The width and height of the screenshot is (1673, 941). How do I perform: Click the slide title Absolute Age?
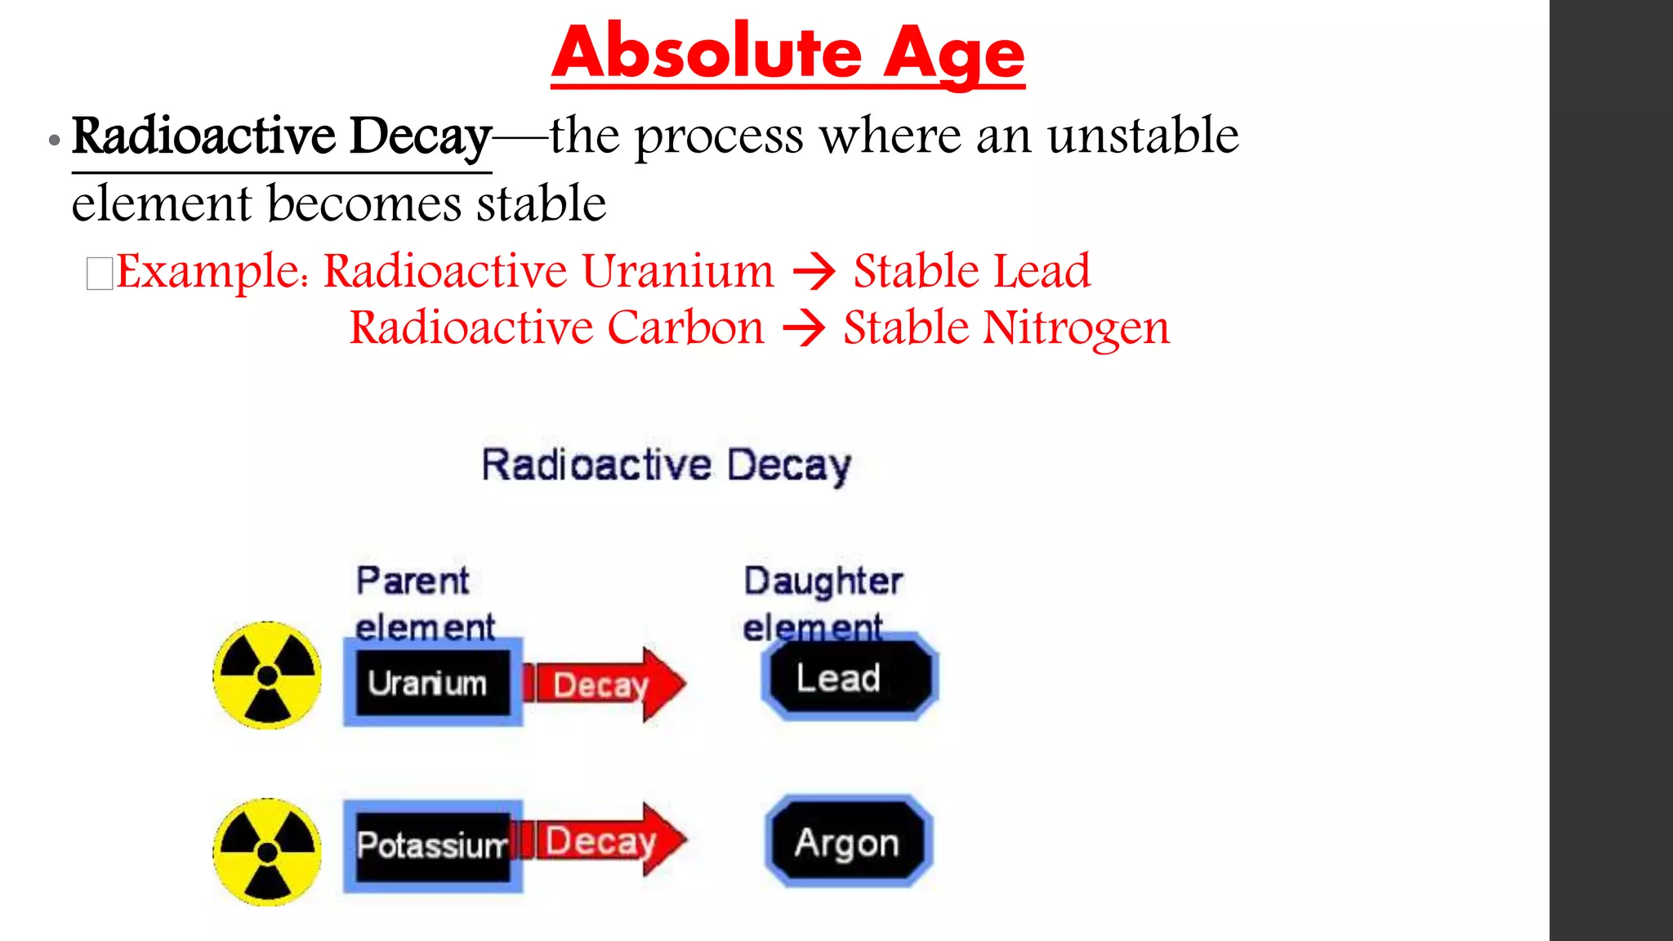pos(787,52)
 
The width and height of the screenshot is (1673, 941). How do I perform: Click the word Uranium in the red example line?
pos(677,271)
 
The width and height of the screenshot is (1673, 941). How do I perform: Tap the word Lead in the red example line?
pos(1041,271)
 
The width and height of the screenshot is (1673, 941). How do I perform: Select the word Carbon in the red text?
pos(685,328)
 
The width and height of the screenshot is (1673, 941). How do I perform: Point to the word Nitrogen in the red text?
pos(1076,328)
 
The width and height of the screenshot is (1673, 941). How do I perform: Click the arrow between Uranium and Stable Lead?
pos(814,272)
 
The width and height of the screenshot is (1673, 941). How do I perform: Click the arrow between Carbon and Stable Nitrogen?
pos(804,329)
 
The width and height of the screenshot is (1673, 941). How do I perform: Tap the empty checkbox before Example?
pos(100,274)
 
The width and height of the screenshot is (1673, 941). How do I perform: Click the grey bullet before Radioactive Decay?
pos(55,140)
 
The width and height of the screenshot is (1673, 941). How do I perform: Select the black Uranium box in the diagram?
pos(432,683)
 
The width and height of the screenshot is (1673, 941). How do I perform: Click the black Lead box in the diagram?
pos(850,678)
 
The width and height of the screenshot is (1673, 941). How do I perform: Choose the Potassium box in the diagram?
pos(432,846)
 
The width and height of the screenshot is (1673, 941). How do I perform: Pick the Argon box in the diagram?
pos(848,842)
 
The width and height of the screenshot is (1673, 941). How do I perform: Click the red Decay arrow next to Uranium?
pos(605,685)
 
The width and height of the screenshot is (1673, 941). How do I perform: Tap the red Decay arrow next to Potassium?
pos(605,841)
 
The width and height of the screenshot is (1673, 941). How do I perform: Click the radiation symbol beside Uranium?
pos(267,676)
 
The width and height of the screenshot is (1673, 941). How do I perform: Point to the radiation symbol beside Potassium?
pos(267,852)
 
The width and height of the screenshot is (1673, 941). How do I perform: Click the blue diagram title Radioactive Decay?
pos(666,466)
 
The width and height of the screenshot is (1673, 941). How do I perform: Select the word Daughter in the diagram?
pos(823,582)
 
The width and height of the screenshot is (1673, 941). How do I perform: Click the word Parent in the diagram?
pos(413,582)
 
